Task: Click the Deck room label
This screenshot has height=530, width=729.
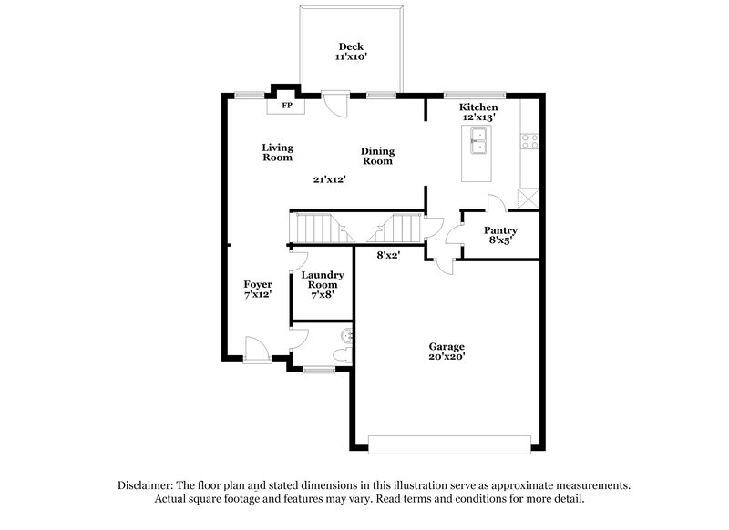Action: point(351,47)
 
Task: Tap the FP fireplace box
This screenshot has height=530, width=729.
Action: point(287,106)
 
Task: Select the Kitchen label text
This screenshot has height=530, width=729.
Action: point(478,107)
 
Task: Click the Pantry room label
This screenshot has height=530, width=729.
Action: point(500,231)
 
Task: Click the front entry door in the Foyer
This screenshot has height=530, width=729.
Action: point(255,349)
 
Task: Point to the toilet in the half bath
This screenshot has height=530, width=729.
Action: point(344,351)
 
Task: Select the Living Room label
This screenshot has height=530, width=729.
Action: point(277,152)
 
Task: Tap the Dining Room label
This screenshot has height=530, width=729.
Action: point(377,156)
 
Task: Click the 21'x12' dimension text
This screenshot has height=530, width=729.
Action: point(330,179)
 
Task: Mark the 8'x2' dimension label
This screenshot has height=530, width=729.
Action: point(389,256)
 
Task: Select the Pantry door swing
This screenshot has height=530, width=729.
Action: point(494,204)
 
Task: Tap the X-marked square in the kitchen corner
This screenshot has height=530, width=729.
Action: point(528,198)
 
